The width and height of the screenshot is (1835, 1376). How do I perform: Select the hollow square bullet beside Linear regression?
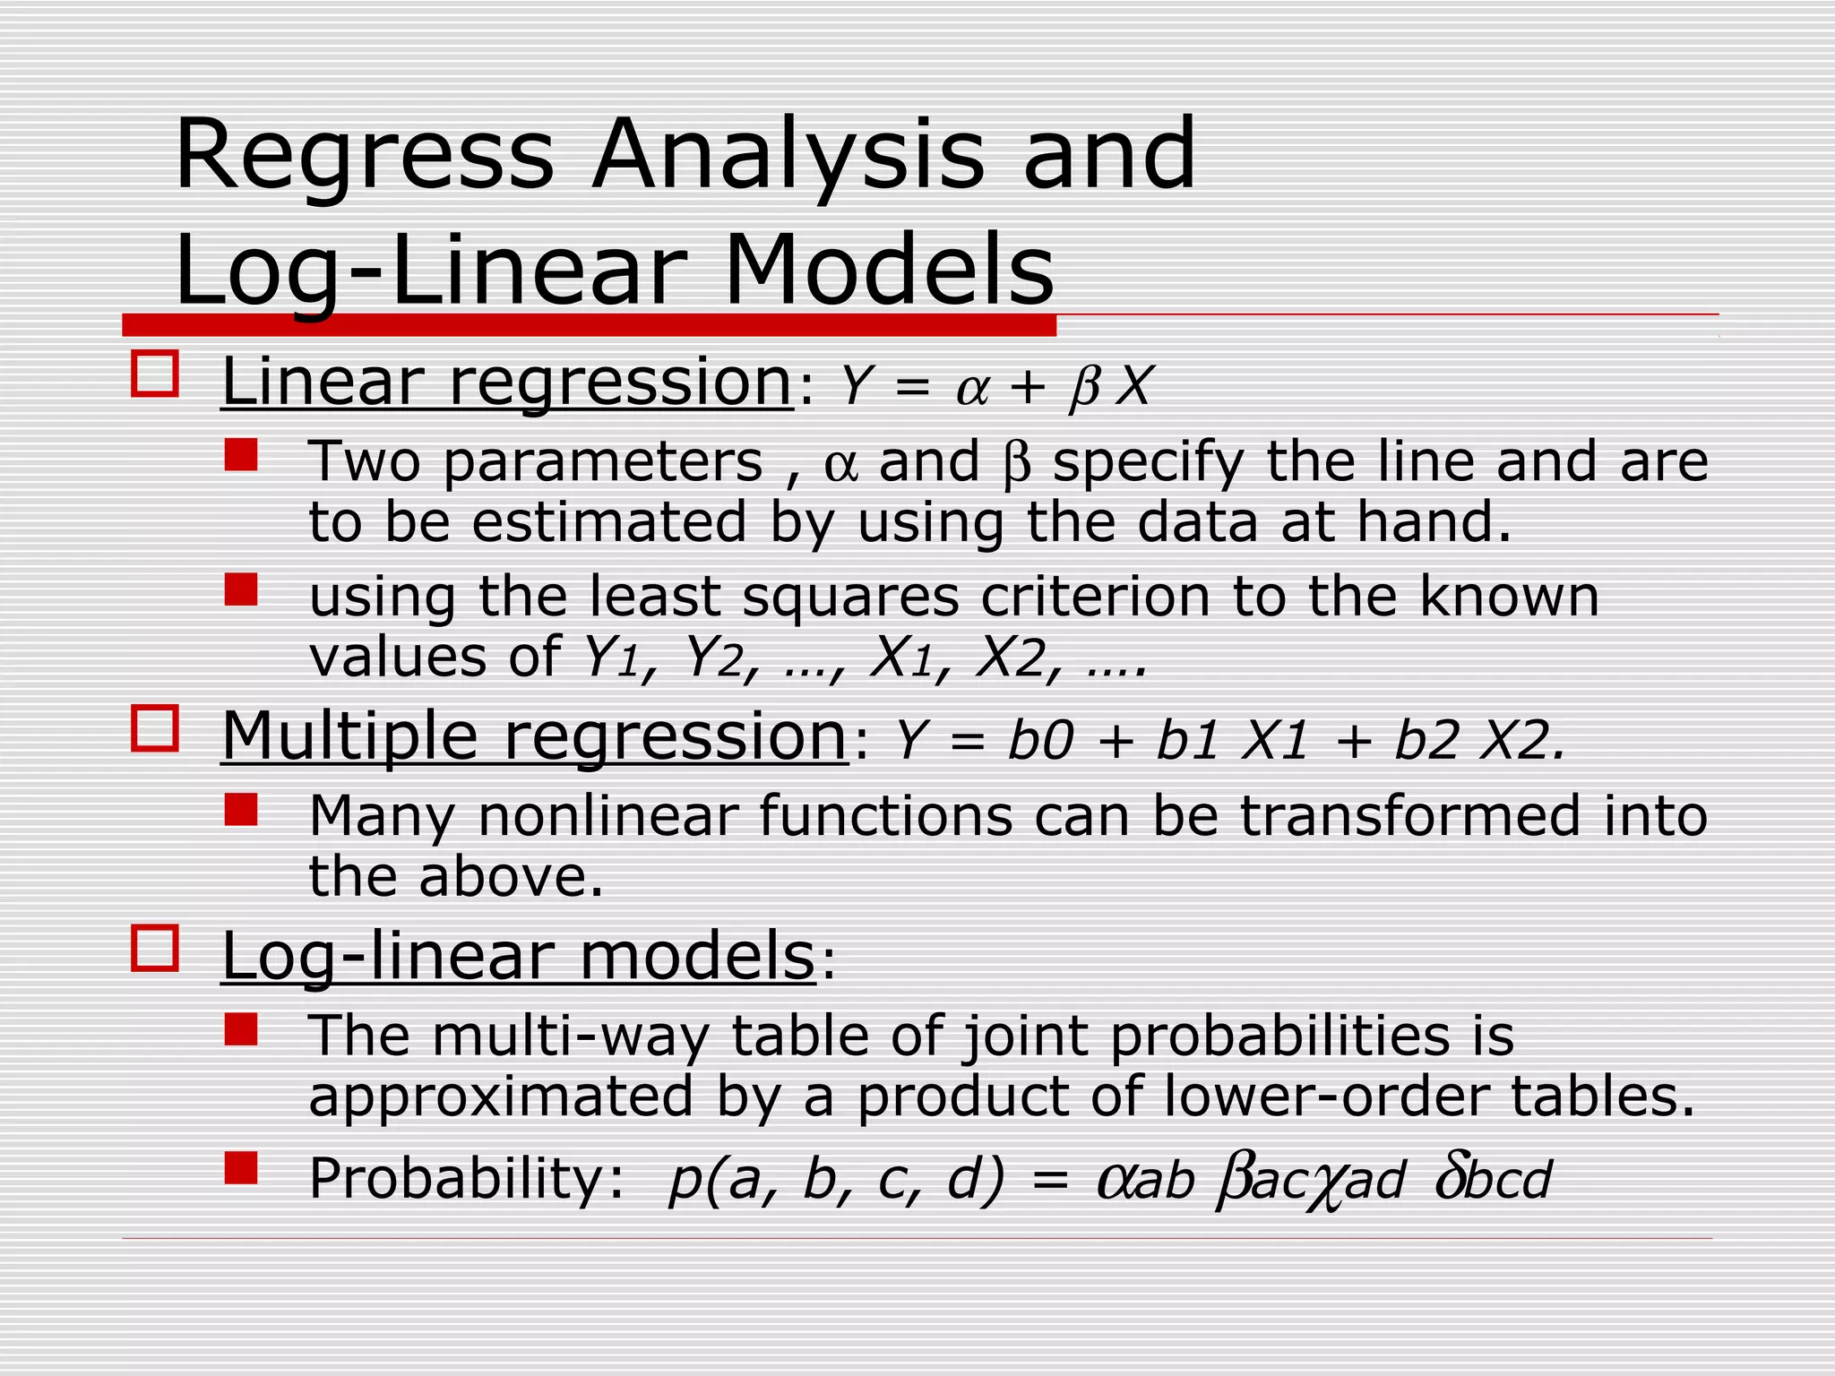(x=155, y=374)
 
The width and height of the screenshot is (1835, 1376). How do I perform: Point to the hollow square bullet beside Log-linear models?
(x=155, y=948)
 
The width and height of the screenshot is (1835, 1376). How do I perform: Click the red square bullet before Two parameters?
(x=241, y=454)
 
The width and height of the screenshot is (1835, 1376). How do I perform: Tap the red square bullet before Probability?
(x=241, y=1168)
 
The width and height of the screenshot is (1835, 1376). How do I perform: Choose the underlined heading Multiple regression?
(x=534, y=736)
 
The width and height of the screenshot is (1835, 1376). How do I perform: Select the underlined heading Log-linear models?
(x=518, y=957)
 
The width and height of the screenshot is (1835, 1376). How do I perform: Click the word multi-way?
(x=570, y=1036)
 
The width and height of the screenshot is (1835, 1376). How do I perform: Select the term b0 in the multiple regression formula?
(x=1039, y=742)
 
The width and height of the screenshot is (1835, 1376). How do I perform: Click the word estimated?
(x=608, y=522)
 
